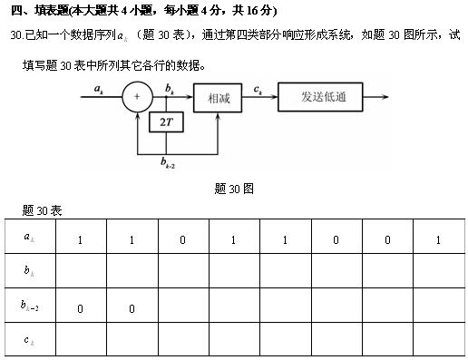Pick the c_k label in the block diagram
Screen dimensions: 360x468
coord(258,88)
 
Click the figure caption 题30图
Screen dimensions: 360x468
coord(233,189)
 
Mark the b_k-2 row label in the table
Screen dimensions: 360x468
coord(29,307)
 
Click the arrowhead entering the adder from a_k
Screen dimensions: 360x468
coord(119,96)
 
